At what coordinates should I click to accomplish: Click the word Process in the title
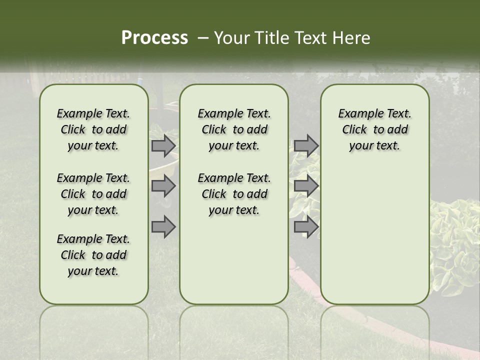pyautogui.click(x=154, y=38)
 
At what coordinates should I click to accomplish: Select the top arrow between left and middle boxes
pyautogui.click(x=163, y=146)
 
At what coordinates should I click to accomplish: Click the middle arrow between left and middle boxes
pyautogui.click(x=163, y=186)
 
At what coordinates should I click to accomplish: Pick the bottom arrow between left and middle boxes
pyautogui.click(x=163, y=226)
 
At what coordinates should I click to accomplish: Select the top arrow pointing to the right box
pyautogui.click(x=306, y=146)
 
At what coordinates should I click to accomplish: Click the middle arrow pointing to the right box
pyautogui.click(x=306, y=186)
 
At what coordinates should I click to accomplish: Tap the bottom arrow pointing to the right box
pyautogui.click(x=306, y=226)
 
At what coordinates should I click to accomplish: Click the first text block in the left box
pyautogui.click(x=93, y=129)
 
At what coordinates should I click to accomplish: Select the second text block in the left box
pyautogui.click(x=93, y=194)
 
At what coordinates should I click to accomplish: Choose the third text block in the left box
pyautogui.click(x=93, y=255)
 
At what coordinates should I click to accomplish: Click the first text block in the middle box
pyautogui.click(x=234, y=129)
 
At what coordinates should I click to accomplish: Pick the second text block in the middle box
pyautogui.click(x=234, y=194)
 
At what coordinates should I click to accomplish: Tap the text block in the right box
pyautogui.click(x=374, y=129)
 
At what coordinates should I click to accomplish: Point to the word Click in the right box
pyautogui.click(x=354, y=130)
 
